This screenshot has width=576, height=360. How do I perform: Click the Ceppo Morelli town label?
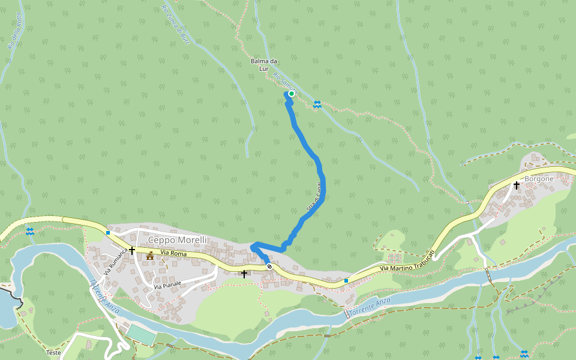point(177,240)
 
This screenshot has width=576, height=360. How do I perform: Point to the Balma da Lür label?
point(264,65)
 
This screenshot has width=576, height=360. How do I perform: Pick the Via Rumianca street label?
point(116,262)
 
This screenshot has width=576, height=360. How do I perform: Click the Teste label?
point(53,353)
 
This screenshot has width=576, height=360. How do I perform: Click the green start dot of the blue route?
point(291,94)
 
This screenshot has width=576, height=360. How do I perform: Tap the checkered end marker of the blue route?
point(269,266)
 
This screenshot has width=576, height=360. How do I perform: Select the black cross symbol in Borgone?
point(516,185)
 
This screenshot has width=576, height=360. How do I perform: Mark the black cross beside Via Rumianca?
point(131,249)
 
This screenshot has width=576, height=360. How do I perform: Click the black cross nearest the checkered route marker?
point(244,274)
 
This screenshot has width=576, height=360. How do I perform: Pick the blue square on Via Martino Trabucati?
point(346,281)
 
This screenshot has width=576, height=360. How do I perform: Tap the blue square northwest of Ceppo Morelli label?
point(108,233)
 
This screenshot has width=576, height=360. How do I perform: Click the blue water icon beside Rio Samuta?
point(317,105)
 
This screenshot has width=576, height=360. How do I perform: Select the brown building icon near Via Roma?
point(149,257)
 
